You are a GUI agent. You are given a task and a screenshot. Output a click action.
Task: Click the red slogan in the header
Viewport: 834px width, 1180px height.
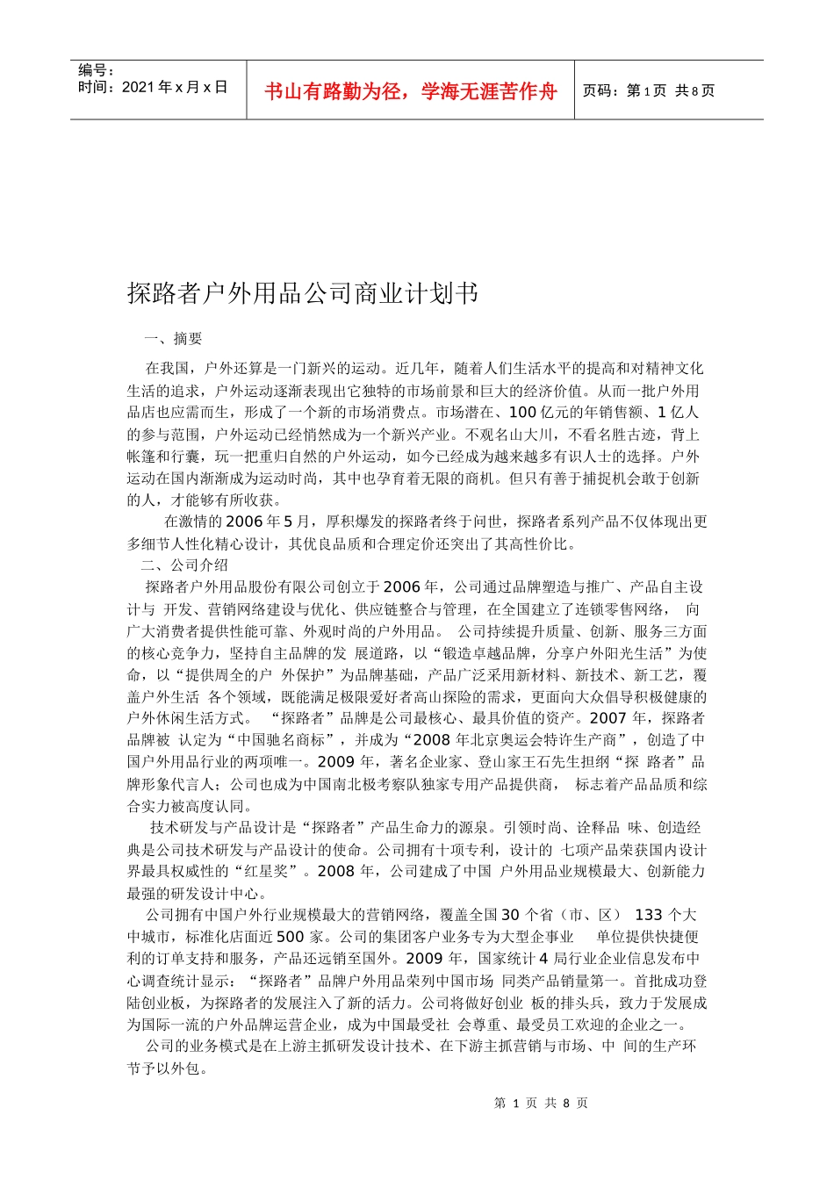click(x=410, y=91)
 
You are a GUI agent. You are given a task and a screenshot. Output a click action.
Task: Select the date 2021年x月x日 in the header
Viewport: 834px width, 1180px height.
click(x=153, y=87)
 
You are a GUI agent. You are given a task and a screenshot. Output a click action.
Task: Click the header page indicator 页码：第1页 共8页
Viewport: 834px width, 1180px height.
click(x=649, y=90)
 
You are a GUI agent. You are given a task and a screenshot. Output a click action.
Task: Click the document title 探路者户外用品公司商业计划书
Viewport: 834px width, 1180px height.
click(x=303, y=293)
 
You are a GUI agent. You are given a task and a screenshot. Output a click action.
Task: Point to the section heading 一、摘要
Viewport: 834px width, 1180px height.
click(x=173, y=339)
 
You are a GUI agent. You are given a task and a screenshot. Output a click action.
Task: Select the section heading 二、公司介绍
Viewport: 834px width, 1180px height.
click(x=184, y=565)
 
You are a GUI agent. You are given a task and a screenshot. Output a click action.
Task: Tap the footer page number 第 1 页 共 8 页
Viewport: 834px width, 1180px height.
click(x=541, y=1103)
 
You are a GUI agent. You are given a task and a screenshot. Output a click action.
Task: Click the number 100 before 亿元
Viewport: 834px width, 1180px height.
click(x=522, y=413)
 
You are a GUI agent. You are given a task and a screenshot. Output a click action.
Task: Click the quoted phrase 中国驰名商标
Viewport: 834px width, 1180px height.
click(x=286, y=740)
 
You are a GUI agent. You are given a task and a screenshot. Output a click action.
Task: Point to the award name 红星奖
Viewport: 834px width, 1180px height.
click(x=282, y=871)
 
